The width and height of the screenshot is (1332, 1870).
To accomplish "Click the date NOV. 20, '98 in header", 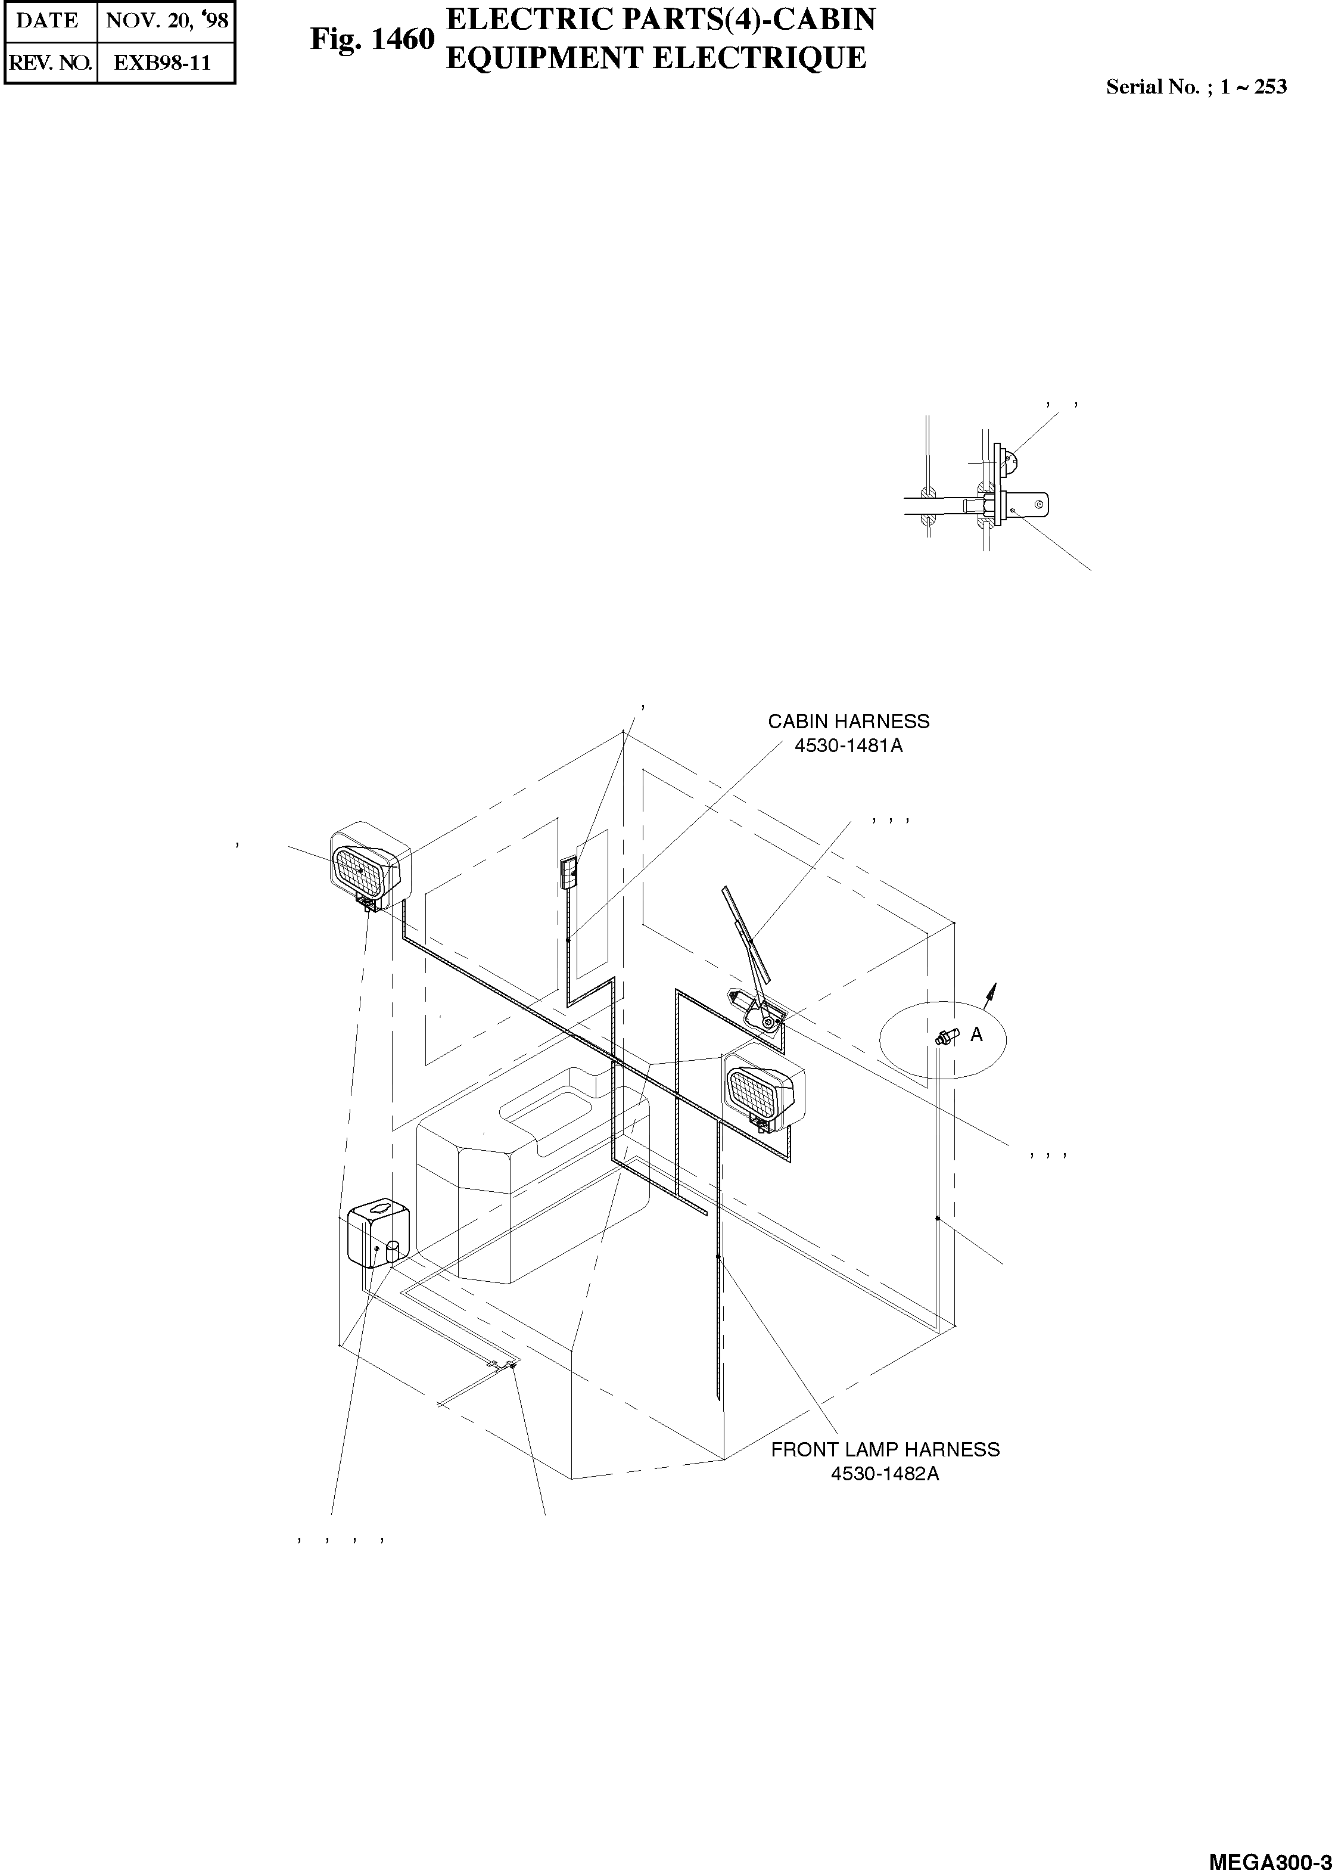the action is [167, 20].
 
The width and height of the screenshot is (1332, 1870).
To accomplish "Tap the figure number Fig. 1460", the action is [372, 39].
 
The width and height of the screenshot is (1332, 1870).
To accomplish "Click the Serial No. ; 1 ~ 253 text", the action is [1196, 87].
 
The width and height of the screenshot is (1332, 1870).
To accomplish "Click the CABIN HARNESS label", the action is [848, 721].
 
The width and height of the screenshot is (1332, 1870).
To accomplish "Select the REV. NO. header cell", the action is [50, 63].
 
